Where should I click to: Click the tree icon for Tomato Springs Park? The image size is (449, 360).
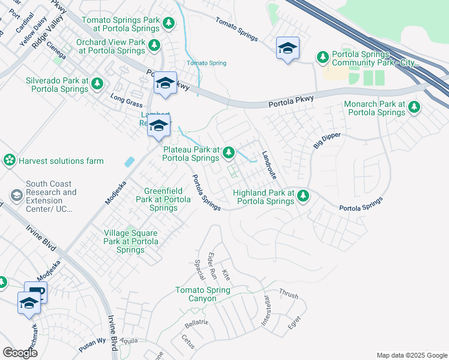(169, 23)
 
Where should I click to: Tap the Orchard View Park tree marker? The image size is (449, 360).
(154, 45)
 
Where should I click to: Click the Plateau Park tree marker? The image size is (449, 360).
(228, 154)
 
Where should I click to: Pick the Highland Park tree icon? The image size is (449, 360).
(303, 196)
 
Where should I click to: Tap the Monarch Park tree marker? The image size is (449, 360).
(414, 107)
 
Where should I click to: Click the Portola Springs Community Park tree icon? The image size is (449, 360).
(323, 57)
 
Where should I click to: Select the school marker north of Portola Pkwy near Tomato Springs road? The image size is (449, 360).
(288, 48)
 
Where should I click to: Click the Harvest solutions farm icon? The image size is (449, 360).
(9, 160)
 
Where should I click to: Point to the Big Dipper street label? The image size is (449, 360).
(327, 140)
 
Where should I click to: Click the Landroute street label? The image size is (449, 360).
(268, 165)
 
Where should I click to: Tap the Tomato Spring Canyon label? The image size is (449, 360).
(202, 294)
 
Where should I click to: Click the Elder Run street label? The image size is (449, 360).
(212, 266)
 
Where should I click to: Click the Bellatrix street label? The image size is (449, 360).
(196, 323)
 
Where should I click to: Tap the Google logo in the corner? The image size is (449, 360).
(20, 353)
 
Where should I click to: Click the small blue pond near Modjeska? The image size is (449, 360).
(129, 161)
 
